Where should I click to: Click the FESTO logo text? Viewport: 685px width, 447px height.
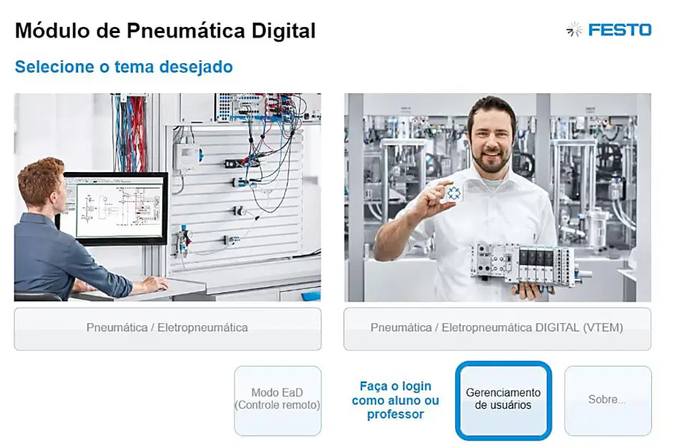pos(620,30)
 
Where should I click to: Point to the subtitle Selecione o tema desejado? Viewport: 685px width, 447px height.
pos(124,67)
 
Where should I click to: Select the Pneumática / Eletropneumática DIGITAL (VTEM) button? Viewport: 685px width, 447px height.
pos(497,328)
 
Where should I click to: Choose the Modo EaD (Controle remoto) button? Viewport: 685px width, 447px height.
pos(277,400)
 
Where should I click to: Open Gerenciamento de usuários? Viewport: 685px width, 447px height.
pos(503,400)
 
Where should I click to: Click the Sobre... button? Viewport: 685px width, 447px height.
pos(608,400)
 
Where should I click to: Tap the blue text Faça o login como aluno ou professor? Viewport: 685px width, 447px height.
pos(395,400)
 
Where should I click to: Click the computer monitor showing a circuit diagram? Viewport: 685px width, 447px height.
pos(114,208)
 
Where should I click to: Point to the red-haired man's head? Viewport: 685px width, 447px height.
pos(41,182)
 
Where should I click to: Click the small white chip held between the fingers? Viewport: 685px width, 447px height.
pos(454,192)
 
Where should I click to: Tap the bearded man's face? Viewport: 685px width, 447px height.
pos(492,142)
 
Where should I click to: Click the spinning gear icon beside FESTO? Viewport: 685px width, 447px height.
pos(575,30)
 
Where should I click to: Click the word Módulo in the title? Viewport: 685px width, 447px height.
pos(52,31)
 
